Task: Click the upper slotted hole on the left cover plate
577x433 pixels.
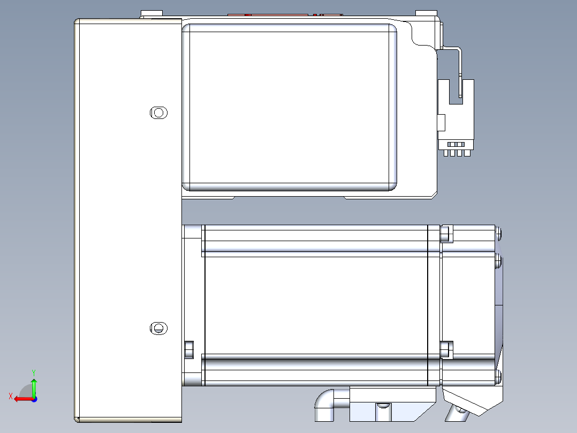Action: click(x=158, y=113)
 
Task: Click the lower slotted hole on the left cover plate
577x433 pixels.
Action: click(x=158, y=328)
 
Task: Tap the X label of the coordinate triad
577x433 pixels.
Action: click(x=10, y=396)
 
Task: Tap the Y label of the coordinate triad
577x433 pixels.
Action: click(x=33, y=371)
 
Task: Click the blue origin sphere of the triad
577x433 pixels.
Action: click(x=34, y=399)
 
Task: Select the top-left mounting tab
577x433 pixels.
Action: click(x=151, y=13)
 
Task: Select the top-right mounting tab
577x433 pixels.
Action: click(x=426, y=13)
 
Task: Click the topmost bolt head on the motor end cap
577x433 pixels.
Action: click(x=499, y=233)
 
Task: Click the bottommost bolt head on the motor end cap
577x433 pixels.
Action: click(x=499, y=376)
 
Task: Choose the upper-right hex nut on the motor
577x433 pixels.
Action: click(x=445, y=234)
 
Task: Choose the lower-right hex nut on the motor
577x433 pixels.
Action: click(x=445, y=349)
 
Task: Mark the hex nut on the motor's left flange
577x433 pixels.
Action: click(x=188, y=349)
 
